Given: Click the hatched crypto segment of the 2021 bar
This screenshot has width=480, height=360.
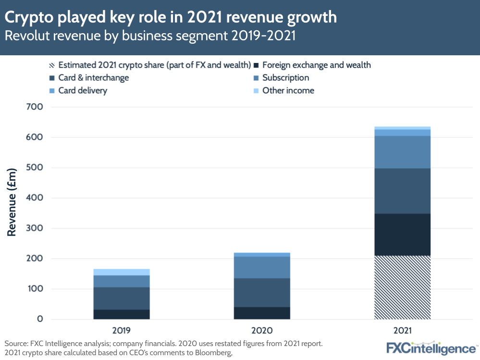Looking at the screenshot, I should pos(402,287).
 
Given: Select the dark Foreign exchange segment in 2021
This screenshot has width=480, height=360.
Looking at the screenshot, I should pos(402,235).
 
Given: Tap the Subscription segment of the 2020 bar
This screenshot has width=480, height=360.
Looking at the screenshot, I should pos(262,267).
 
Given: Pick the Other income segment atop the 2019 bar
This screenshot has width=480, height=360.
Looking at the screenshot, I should pos(122,272).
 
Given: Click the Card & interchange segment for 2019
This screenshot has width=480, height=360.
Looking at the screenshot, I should pos(122,298).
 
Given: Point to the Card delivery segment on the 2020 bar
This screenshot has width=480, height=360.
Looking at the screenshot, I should pos(262,254).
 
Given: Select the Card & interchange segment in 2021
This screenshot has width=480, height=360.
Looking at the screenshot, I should pos(402,191).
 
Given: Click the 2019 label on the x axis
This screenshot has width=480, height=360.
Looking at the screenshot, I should pos(122,331).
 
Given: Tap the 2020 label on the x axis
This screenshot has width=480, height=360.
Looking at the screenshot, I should pos(262,331).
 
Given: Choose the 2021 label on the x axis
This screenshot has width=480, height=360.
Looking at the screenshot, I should pos(402,331).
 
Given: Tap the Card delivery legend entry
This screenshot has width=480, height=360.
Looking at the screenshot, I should pos(82,90).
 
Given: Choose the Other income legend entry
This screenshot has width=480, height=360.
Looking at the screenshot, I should pos(288,90).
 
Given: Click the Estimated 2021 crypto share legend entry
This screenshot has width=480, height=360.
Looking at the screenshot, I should pos(154,65).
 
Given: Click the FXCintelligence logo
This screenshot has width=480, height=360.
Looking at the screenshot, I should pos(431,348).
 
